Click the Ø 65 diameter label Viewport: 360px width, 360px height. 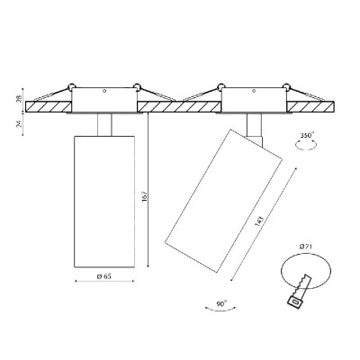click(103, 276)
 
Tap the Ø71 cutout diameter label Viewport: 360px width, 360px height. click(306, 247)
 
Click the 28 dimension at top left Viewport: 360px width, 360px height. click(19, 98)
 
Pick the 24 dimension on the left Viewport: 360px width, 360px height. click(19, 124)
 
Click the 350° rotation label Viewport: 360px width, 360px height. click(307, 135)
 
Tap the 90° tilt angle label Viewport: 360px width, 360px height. click(221, 303)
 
